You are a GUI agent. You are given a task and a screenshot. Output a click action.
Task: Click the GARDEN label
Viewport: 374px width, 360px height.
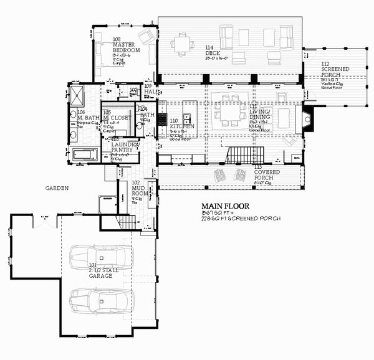coord(57,187)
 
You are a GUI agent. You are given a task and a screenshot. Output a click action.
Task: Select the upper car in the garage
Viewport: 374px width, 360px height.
coord(100,256)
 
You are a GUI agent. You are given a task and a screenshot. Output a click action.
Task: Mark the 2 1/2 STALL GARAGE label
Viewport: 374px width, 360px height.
coord(100,277)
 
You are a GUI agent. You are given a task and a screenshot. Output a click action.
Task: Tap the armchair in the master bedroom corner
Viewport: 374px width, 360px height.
coord(147,37)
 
